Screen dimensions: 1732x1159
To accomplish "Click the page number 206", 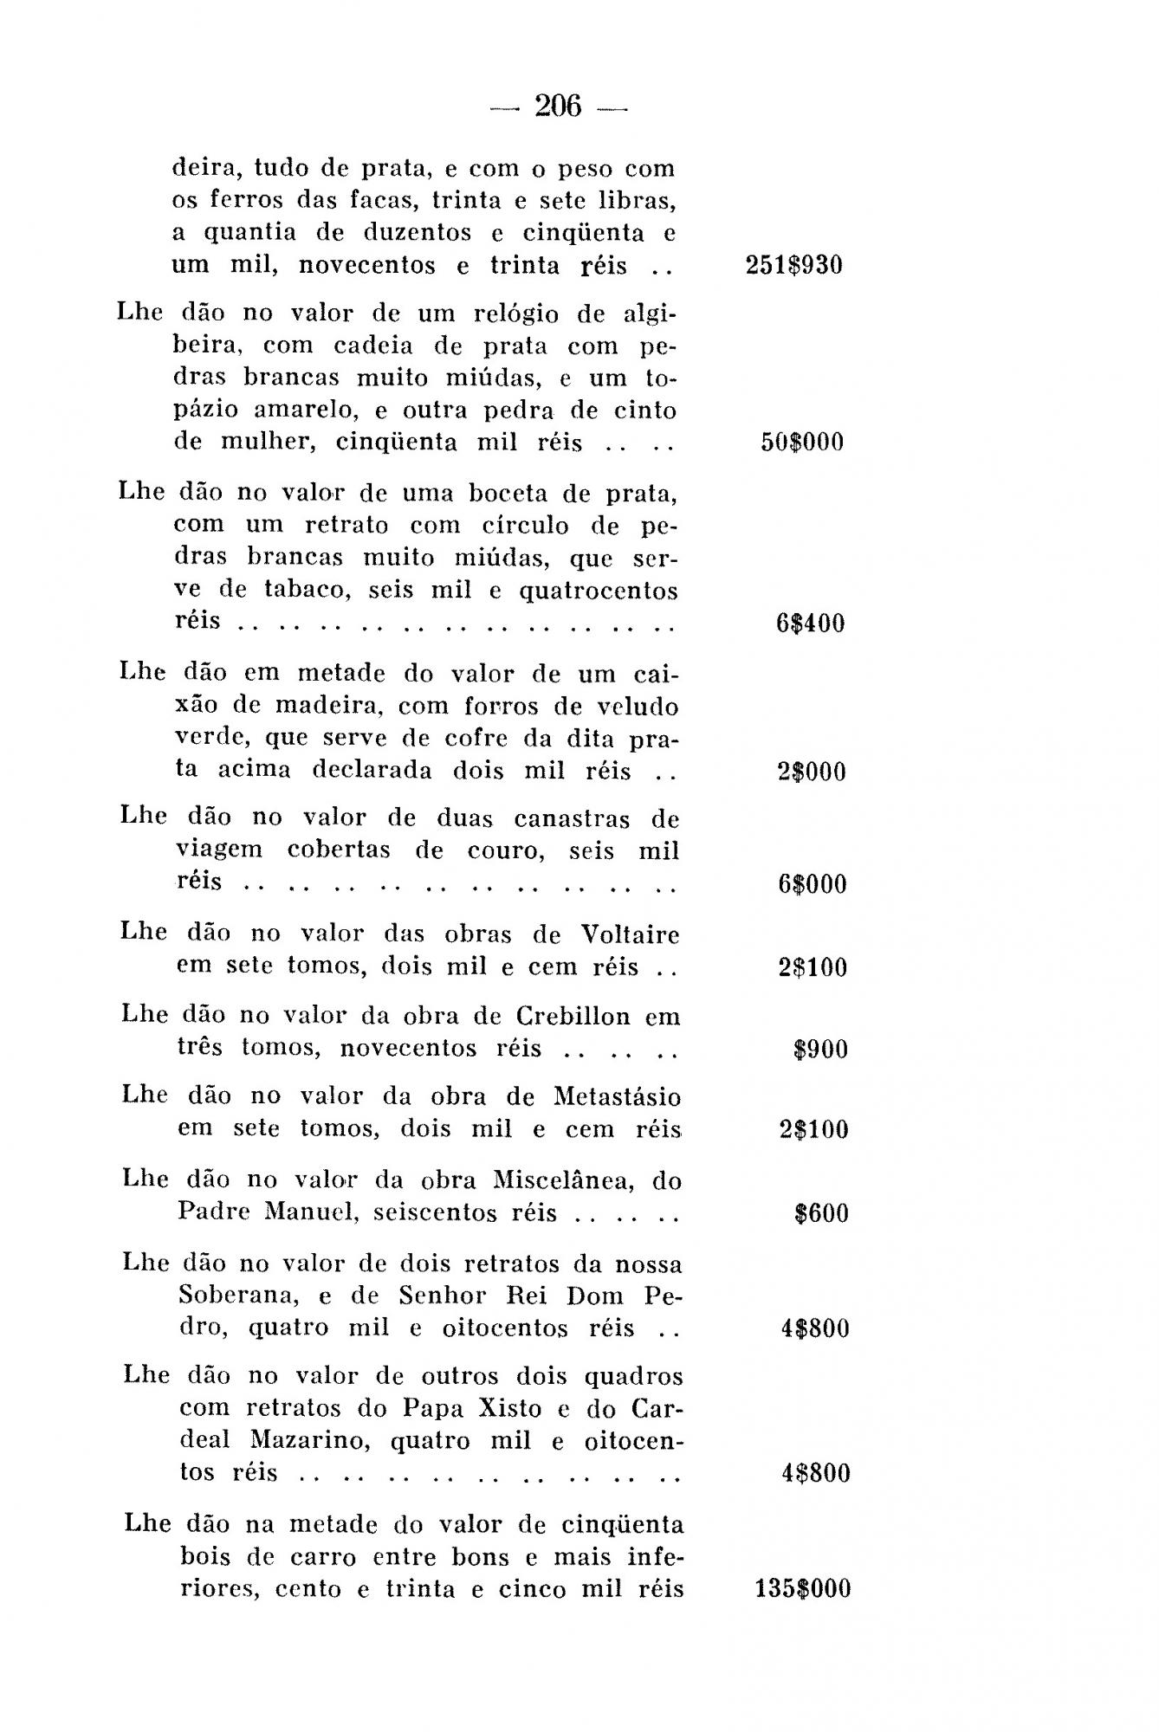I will [x=559, y=107].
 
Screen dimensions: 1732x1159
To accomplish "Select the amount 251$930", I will [x=793, y=265].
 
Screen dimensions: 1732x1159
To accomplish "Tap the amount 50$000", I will [x=801, y=443].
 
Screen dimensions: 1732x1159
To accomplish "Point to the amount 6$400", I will [x=810, y=624].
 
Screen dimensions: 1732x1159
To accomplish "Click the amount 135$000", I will [x=803, y=1589].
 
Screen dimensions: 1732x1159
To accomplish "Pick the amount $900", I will [x=819, y=1050].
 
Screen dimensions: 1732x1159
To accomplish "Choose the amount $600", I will [x=821, y=1213].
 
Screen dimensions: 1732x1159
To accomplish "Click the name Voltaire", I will [x=630, y=934].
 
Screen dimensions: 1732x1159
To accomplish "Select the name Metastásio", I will [x=617, y=1097].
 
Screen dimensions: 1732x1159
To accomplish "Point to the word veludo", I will [x=641, y=707].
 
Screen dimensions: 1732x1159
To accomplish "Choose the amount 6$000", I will [x=812, y=884].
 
